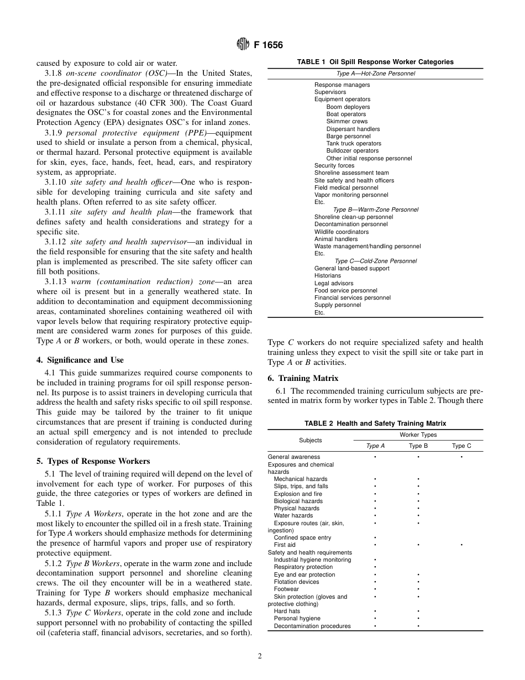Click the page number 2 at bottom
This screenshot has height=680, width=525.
tap(259, 656)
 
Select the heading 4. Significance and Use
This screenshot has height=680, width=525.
tap(80, 360)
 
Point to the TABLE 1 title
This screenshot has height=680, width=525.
tap(375, 62)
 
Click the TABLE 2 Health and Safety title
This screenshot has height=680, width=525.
tap(375, 423)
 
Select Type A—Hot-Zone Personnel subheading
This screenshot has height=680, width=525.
tap(375, 74)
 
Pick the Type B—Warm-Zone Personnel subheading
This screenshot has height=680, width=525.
tap(375, 210)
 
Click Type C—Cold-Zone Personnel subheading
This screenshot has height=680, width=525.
tap(375, 261)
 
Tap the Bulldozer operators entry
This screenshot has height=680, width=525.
tap(352, 150)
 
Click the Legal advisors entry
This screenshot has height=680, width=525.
tap(334, 283)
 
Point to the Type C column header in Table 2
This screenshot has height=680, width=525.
tap(461, 446)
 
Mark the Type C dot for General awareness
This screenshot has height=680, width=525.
tap(461, 457)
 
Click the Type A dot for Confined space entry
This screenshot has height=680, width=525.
tap(375, 537)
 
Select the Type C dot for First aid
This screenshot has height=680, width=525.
tap(461, 545)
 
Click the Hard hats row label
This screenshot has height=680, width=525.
tap(287, 611)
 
